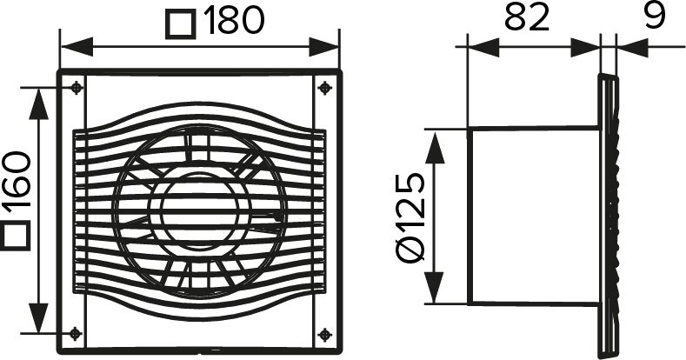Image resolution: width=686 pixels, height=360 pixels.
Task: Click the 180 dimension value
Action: click(x=234, y=20)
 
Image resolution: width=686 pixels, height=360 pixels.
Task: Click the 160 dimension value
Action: click(x=17, y=179)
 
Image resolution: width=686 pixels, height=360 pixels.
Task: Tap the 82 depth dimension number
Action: click(x=527, y=18)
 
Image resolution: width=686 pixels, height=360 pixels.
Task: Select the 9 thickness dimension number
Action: click(x=655, y=16)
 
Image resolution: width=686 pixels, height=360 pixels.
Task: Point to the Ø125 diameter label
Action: click(x=410, y=217)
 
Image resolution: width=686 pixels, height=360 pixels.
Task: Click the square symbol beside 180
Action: click(x=180, y=25)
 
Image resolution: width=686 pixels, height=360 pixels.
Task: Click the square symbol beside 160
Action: click(x=15, y=236)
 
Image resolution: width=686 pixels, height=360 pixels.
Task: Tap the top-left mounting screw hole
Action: click(x=77, y=88)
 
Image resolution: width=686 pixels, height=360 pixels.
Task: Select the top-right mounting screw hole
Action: click(x=324, y=88)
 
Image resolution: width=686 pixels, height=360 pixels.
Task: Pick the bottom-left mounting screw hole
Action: click(x=76, y=334)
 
